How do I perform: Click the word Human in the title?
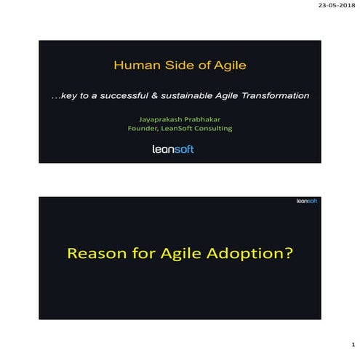pyautogui.click(x=135, y=67)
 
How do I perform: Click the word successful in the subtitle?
pyautogui.click(x=124, y=96)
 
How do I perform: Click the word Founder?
pyautogui.click(x=144, y=129)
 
